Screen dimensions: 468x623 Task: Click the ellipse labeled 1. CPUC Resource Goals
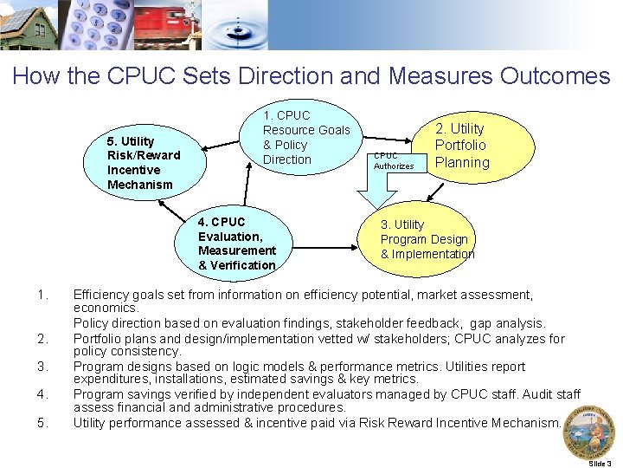305,138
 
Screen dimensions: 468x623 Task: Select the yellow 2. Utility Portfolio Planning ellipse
462,146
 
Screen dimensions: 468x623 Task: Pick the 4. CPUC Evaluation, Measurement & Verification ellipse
236,244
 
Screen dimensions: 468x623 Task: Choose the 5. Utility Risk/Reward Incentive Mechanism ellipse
144,162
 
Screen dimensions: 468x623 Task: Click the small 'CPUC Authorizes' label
394,161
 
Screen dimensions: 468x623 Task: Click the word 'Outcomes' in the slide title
555,76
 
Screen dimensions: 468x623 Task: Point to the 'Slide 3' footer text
600,464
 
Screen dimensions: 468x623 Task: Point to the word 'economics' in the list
105,308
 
